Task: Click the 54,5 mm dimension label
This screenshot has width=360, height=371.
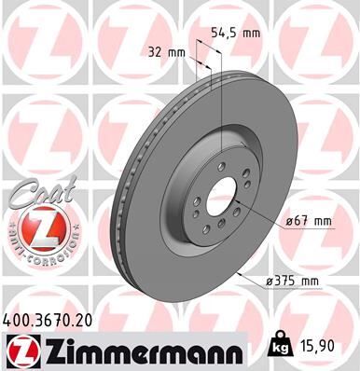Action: click(x=233, y=32)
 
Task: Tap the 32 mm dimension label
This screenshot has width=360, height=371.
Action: click(x=168, y=52)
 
